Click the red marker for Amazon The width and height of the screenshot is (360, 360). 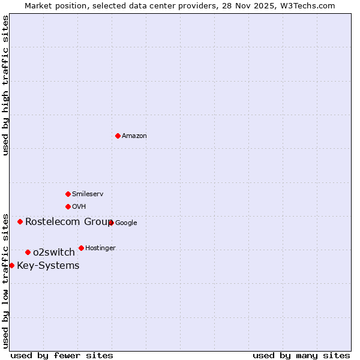118,136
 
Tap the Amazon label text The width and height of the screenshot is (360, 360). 134,136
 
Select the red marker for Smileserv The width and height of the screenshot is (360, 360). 68,194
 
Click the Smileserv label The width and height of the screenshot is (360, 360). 88,194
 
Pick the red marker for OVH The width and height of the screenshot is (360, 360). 68,206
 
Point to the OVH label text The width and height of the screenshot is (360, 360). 79,207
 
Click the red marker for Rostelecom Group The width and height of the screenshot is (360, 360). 20,221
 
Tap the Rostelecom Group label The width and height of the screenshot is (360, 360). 68,222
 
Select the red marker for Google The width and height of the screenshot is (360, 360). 111,223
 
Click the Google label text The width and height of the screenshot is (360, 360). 126,223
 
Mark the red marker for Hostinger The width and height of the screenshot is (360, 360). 81,248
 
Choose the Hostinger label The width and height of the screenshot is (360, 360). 100,248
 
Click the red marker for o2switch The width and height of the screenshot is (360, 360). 28,252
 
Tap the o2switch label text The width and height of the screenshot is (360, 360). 54,253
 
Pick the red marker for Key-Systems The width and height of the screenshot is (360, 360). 11,265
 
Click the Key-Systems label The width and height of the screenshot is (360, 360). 48,266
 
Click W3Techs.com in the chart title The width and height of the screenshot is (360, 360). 310,6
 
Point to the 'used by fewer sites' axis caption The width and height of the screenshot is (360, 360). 62,355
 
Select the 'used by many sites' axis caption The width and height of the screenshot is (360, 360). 301,355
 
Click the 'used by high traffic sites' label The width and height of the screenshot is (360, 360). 5,86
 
